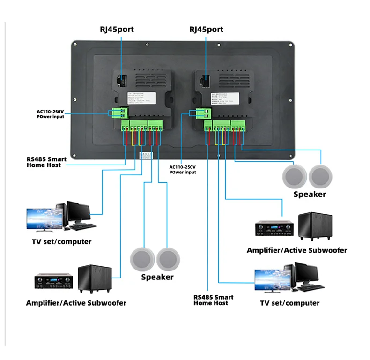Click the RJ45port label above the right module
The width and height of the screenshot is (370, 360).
[206, 30]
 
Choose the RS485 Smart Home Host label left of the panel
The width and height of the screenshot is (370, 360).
[46, 162]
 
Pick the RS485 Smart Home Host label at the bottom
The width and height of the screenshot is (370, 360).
[214, 300]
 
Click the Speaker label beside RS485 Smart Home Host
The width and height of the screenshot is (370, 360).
[157, 277]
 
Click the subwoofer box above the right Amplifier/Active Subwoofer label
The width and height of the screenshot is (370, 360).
[315, 226]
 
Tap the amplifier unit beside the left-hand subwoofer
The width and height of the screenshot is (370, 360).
[53, 281]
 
